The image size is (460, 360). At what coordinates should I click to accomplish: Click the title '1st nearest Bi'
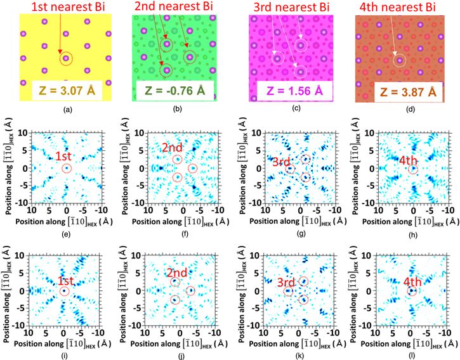(x=58, y=7)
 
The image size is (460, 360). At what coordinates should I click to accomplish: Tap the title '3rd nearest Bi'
(x=291, y=7)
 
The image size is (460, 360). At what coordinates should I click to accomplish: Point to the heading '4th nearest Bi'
(x=404, y=7)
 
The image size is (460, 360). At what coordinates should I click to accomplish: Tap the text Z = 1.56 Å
(x=288, y=91)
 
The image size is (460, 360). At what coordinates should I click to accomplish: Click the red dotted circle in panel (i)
(x=64, y=291)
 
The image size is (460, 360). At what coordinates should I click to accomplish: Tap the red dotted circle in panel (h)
(x=413, y=169)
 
